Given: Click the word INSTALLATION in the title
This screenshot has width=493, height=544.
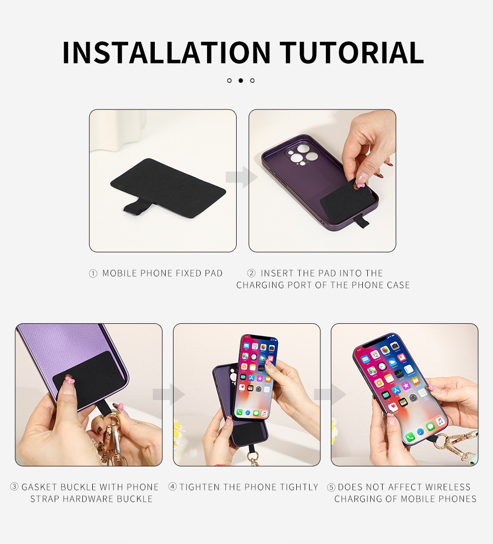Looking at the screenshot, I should click(x=167, y=52).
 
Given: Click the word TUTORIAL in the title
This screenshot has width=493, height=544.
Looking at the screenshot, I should click(x=352, y=52).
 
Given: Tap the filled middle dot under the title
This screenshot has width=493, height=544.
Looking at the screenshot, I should click(x=241, y=80).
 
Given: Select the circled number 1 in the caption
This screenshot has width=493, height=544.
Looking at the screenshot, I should click(x=93, y=274).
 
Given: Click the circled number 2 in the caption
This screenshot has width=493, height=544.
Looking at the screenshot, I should click(x=251, y=273).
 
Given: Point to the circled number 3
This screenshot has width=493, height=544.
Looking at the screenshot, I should click(x=14, y=487).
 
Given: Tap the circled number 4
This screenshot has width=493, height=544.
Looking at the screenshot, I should click(x=173, y=487).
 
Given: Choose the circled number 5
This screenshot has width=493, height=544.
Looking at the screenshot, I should click(x=331, y=487).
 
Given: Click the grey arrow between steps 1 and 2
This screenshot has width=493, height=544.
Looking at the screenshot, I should click(x=242, y=177).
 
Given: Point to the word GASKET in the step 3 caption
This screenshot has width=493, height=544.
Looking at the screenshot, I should click(x=39, y=487).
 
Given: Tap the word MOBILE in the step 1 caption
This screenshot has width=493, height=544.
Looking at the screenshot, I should click(x=120, y=273).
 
